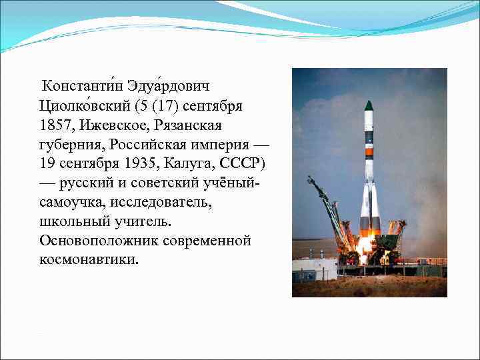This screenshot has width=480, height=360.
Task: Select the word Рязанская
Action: tap(189, 125)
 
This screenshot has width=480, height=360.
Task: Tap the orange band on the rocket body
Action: tap(369, 153)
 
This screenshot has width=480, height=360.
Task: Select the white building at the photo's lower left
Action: tap(314, 269)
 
